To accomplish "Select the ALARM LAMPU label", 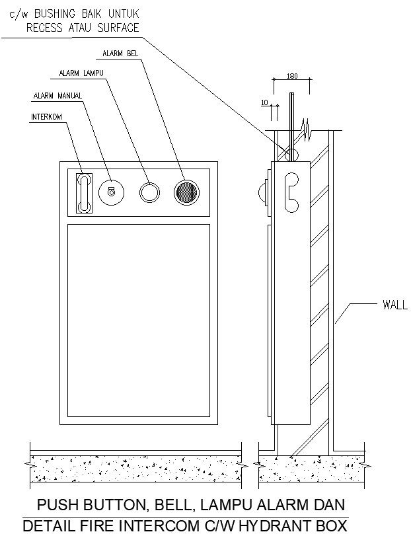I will tap(83, 73).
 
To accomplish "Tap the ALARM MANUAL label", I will tap(57, 96).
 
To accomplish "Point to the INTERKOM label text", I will tap(48, 117).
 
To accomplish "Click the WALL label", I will tap(395, 305).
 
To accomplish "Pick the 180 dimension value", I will tap(291, 77).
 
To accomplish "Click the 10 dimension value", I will tap(264, 103).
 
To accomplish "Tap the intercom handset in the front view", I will tap(83, 193).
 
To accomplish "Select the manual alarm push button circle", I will tap(110, 192).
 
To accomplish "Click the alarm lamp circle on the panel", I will tap(149, 192).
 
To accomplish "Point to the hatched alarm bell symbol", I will tap(186, 192).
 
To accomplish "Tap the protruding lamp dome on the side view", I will tap(262, 192).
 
